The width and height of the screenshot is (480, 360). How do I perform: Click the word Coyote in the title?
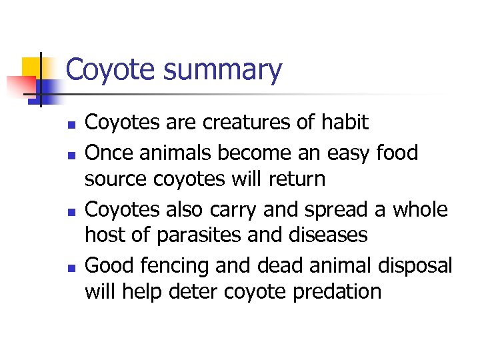point(110,70)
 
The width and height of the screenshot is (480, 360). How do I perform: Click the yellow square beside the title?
point(30,67)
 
